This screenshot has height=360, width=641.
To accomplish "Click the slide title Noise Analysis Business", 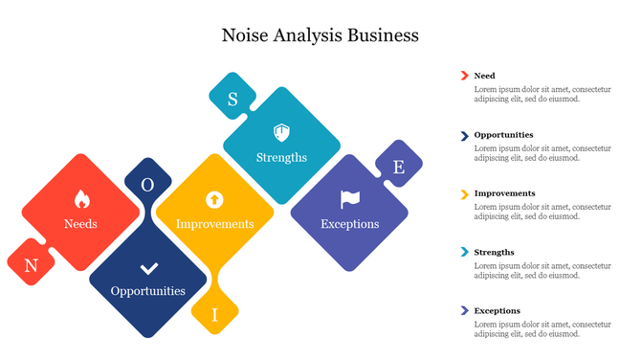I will point(320,35).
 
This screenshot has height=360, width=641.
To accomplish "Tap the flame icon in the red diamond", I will point(81,200).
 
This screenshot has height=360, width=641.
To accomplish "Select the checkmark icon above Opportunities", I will point(148,268).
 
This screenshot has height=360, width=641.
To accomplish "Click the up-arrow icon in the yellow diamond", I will point(214,199).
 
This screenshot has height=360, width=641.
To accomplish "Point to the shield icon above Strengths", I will point(281,132).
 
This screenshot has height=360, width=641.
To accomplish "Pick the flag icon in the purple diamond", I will point(349,199).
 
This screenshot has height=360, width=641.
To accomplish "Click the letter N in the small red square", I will point(31,266).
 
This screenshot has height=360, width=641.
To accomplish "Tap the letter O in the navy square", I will point(147,184).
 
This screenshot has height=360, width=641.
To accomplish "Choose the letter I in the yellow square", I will point(214,314).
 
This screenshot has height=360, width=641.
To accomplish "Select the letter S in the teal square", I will point(232,99).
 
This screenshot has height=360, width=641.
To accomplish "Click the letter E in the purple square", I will point(399,168).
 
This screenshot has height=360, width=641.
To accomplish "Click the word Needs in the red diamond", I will point(80,224).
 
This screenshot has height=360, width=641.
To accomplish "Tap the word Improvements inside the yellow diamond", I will point(214,224).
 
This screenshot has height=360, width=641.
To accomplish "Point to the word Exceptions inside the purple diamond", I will point(349,224).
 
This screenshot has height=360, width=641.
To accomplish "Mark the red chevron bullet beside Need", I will point(464,76).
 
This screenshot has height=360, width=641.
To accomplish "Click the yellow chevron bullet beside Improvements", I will point(464,193).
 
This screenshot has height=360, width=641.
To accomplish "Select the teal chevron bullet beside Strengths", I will point(464,253).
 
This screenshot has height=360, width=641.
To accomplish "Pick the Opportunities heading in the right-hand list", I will point(503,135).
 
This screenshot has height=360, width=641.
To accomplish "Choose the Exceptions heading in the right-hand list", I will point(497,311).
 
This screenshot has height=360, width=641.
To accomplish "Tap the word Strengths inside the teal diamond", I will point(281,157).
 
